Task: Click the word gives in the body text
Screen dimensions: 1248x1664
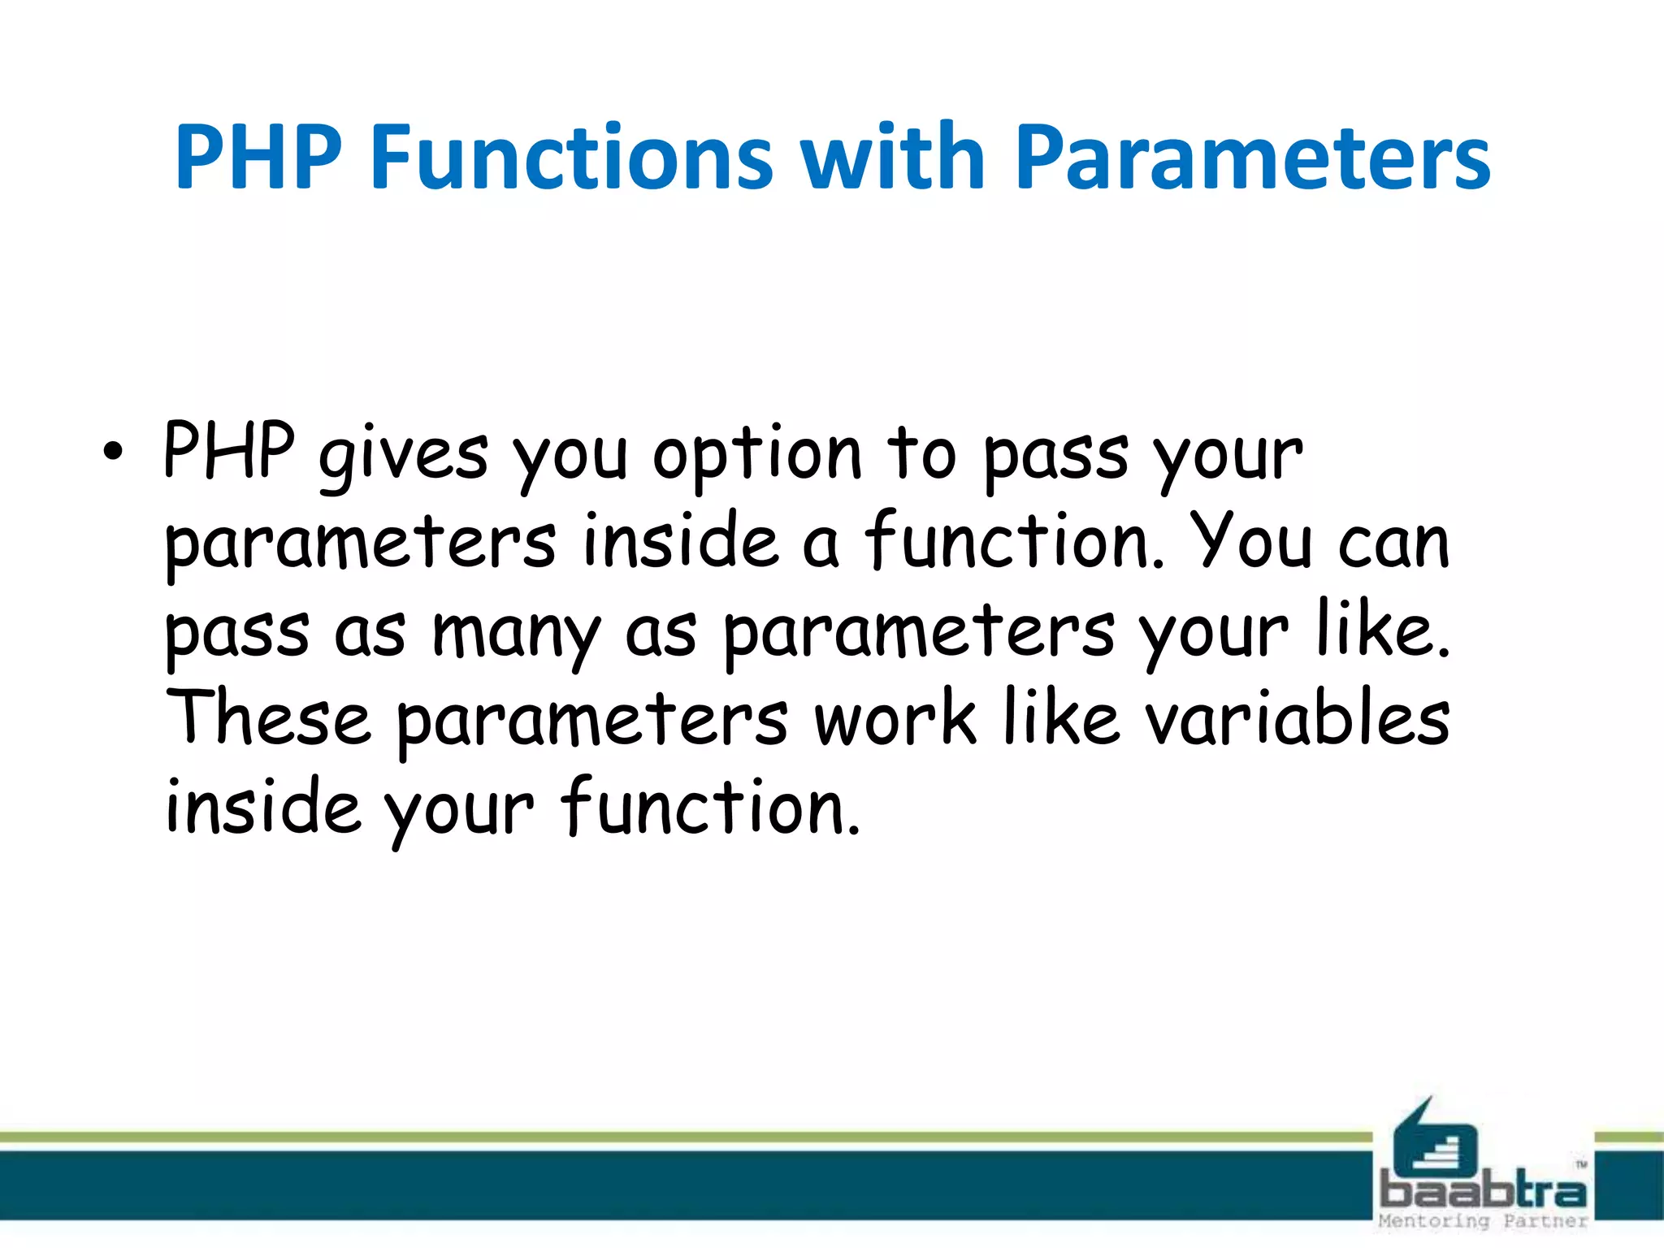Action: [x=404, y=455]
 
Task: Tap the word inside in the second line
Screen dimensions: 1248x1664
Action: [x=681, y=542]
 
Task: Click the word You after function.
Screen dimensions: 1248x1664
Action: [x=1250, y=542]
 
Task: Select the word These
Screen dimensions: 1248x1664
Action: [x=268, y=719]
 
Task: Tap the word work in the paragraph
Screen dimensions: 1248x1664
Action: [x=895, y=719]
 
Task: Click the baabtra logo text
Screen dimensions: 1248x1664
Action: [x=1483, y=1193]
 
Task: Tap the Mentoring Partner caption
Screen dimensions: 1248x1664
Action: [x=1483, y=1221]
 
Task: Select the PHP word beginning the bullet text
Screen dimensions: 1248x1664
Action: [x=228, y=451]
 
